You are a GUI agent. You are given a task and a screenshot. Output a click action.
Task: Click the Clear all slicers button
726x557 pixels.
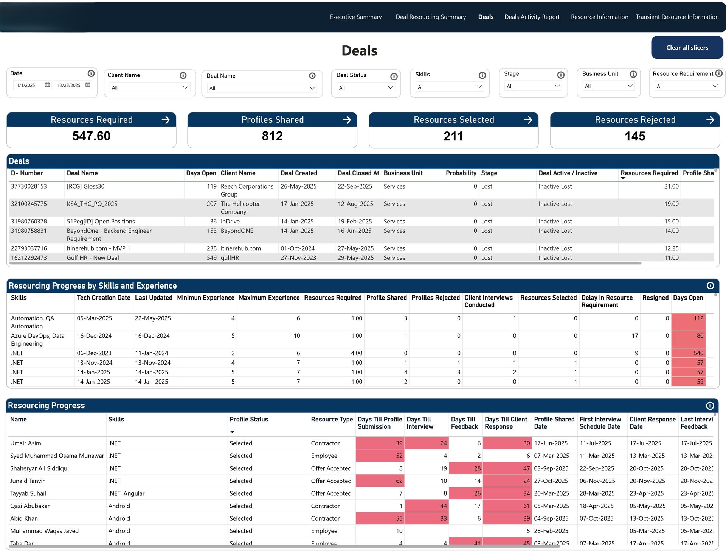pyautogui.click(x=687, y=48)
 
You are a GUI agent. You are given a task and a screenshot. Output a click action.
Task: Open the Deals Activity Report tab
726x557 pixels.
pyautogui.click(x=532, y=17)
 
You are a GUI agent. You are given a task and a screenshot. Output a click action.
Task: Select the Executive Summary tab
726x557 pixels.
pyautogui.click(x=355, y=17)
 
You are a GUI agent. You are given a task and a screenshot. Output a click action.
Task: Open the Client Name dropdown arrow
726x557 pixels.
pyautogui.click(x=185, y=87)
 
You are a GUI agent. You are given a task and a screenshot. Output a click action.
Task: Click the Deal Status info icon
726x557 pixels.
pyautogui.click(x=394, y=76)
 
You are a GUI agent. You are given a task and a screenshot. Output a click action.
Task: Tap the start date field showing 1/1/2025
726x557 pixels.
pyautogui.click(x=26, y=85)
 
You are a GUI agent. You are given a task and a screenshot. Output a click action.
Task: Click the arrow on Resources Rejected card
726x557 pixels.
pyautogui.click(x=710, y=120)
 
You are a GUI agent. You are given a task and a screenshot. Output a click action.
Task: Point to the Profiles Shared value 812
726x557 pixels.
pyautogui.click(x=272, y=136)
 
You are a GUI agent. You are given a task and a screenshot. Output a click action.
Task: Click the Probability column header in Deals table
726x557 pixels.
pyautogui.click(x=461, y=173)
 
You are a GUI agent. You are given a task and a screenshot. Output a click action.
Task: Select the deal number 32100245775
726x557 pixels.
pyautogui.click(x=29, y=204)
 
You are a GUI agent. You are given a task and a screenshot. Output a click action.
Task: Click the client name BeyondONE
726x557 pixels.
pyautogui.click(x=237, y=231)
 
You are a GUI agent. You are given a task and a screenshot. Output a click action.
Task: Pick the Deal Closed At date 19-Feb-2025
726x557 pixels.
pyautogui.click(x=355, y=221)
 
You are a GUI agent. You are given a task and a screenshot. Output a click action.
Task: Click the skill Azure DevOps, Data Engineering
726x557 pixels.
pyautogui.click(x=38, y=339)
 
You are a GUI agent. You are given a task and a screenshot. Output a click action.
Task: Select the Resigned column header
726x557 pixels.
pyautogui.click(x=655, y=298)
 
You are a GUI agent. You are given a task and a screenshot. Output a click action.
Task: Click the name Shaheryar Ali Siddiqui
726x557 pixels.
pyautogui.click(x=39, y=468)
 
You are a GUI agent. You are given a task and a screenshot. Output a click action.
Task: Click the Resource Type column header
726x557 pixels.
pyautogui.click(x=332, y=419)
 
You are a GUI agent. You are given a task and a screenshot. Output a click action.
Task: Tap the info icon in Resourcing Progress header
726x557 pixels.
pyautogui.click(x=710, y=406)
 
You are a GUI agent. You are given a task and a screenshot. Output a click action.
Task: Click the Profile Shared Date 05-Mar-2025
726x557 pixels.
pyautogui.click(x=551, y=506)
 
